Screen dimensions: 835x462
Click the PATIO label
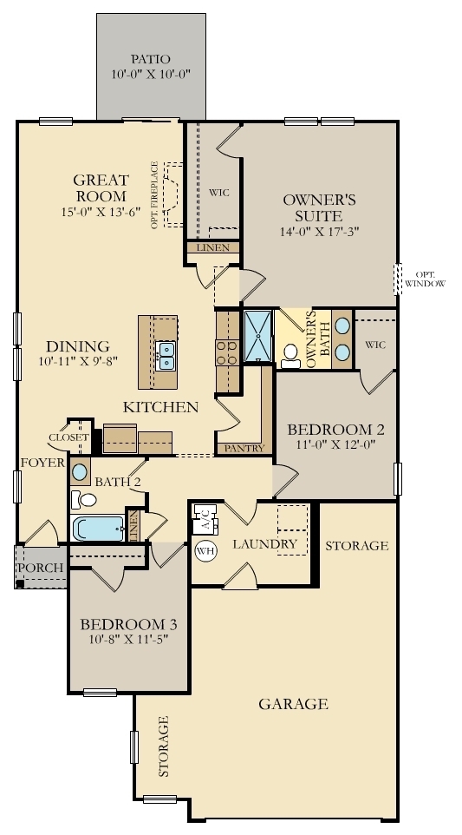151,58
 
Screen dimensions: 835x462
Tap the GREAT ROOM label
101,188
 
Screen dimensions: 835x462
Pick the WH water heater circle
205,550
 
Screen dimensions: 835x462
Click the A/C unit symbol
205,520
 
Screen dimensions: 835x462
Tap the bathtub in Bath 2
97,529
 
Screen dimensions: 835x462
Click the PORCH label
41,568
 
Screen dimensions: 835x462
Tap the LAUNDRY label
265,544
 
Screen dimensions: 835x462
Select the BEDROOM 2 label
336,430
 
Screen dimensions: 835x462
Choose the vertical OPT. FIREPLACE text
154,194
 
